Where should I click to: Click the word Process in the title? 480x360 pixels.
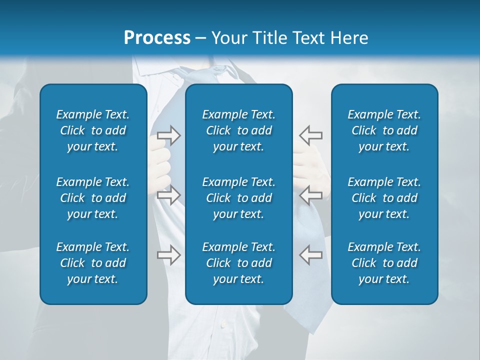tap(157, 37)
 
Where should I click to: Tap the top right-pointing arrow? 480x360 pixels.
tap(168, 135)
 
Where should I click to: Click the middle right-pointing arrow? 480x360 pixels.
tap(168, 195)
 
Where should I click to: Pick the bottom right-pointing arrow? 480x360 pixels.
tap(168, 255)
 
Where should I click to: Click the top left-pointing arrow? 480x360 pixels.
tap(310, 135)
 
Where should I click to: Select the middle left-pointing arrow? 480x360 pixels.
tap(310, 195)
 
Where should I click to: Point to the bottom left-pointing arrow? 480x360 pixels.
tap(310, 255)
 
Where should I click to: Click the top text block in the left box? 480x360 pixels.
tap(93, 130)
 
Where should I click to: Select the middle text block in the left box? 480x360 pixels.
tap(93, 198)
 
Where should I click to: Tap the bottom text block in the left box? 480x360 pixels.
tap(93, 263)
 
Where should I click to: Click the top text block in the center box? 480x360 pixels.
tap(238, 130)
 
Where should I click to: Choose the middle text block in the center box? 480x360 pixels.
tap(238, 198)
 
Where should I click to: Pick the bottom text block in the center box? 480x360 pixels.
tap(238, 263)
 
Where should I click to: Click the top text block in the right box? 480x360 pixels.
tap(384, 130)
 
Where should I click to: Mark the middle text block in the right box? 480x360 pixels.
tap(384, 198)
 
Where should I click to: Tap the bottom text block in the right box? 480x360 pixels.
tap(384, 263)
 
